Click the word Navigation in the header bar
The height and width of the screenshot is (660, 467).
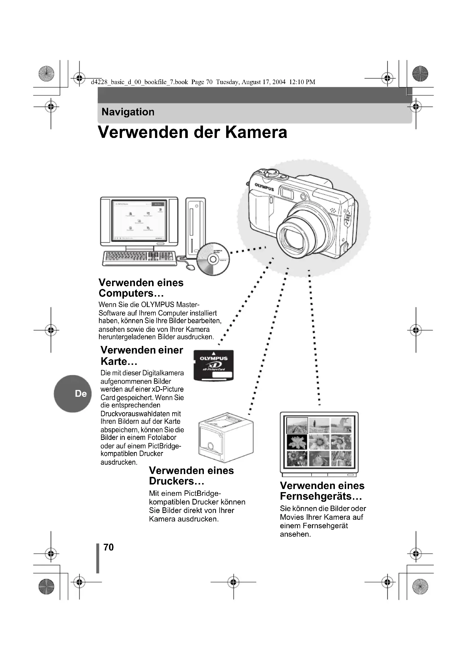point(128,112)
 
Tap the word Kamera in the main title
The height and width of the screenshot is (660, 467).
point(256,133)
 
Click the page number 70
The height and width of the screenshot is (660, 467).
point(108,547)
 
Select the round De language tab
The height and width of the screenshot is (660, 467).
point(73,394)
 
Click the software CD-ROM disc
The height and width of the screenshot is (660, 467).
point(213,259)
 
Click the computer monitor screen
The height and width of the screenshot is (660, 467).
point(139,221)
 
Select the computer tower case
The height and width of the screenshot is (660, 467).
point(196,227)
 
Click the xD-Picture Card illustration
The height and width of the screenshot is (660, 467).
point(213,366)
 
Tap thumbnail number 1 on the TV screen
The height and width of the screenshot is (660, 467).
point(297,425)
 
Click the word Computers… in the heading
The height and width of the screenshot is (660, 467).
point(131,293)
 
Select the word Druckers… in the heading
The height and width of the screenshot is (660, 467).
point(176,481)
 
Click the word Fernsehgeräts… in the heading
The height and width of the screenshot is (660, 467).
point(321,496)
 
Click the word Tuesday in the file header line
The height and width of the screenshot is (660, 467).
point(228,82)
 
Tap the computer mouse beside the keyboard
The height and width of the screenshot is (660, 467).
point(190,267)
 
